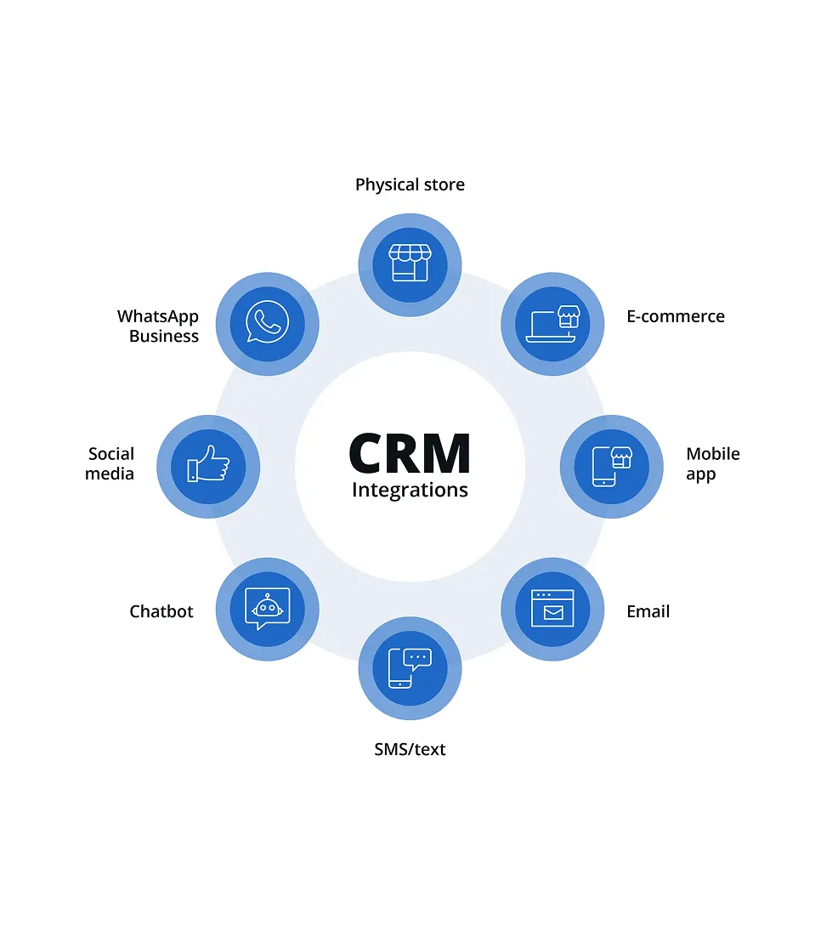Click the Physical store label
410,184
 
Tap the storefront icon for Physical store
410,264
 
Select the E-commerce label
676,316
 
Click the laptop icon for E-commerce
552,324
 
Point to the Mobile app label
712,464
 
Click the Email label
648,611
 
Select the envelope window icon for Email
552,609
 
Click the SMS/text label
410,749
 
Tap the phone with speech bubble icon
410,668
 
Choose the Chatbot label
161,611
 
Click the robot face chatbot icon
267,609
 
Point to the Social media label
110,464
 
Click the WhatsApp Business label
158,326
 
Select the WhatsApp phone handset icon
267,323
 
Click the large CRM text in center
410,454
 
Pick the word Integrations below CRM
410,491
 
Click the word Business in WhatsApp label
164,336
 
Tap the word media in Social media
110,474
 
